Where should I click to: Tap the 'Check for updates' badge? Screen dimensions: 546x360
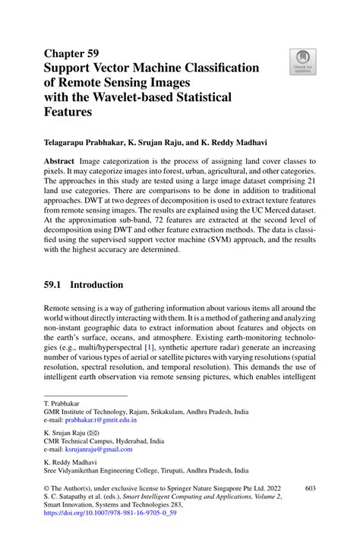point(303,62)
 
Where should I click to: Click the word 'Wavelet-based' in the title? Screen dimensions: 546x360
point(143,96)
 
